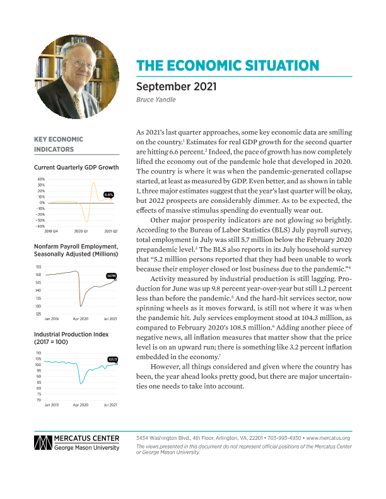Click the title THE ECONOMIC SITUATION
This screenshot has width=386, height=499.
pyautogui.click(x=228, y=66)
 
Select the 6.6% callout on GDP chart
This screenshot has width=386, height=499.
pyautogui.click(x=108, y=195)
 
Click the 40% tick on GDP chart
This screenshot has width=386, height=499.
pyautogui.click(x=40, y=179)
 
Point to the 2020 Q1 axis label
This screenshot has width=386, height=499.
pyautogui.click(x=81, y=232)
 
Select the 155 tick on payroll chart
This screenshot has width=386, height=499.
pyautogui.click(x=38, y=267)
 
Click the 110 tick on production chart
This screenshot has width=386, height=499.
pyautogui.click(x=38, y=353)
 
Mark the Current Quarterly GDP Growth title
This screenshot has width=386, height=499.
pyautogui.click(x=76, y=168)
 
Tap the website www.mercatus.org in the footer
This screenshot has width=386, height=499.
pyautogui.click(x=327, y=437)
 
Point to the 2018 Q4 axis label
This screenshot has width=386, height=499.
pyautogui.click(x=52, y=232)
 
